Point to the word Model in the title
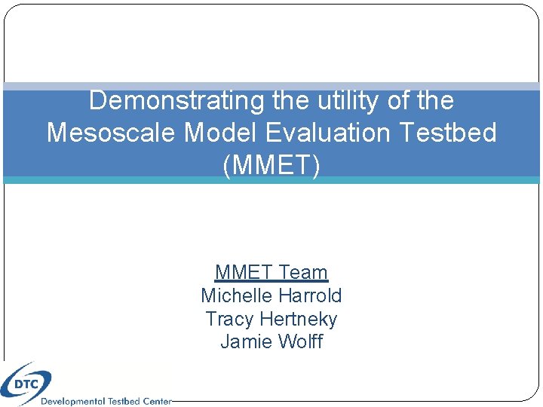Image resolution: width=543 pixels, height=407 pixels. (209, 133)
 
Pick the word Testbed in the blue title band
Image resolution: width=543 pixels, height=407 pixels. (449, 133)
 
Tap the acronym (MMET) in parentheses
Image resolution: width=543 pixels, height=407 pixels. (271, 165)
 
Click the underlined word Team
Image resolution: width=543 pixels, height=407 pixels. (303, 272)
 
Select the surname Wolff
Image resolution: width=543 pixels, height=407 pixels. (299, 342)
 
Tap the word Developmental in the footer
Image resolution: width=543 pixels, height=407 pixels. (72, 402)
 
